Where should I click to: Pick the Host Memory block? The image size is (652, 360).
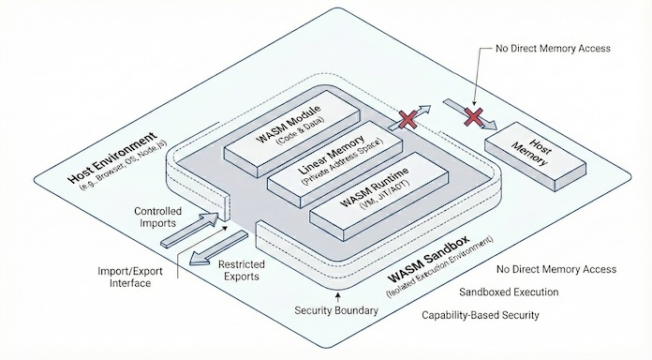click(535, 154)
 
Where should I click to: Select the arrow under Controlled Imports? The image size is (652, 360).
click(192, 230)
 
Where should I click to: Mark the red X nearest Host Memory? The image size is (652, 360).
click(475, 115)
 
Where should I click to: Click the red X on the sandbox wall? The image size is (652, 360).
click(407, 118)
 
